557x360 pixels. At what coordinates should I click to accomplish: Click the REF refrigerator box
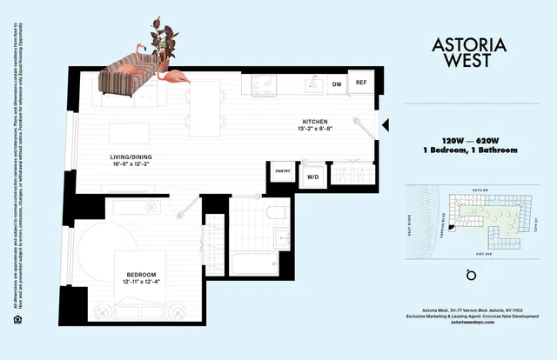click(x=360, y=83)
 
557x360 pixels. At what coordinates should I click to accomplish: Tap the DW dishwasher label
click(x=337, y=84)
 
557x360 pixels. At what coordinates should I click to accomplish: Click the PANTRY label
click(x=283, y=171)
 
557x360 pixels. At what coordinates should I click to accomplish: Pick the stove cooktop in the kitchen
click(x=262, y=84)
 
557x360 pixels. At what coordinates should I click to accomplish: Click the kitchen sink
click(x=311, y=85)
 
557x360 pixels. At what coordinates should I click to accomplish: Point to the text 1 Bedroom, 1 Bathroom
click(x=466, y=150)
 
